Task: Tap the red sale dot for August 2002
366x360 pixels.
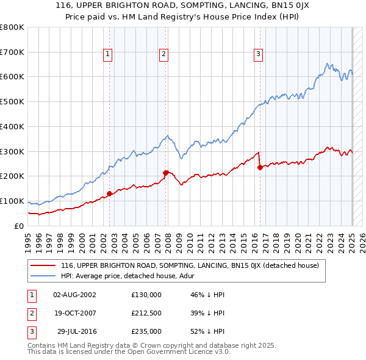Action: pyautogui.click(x=109, y=193)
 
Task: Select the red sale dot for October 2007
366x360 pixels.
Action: pyautogui.click(x=166, y=173)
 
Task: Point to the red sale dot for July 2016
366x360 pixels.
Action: pyautogui.click(x=260, y=167)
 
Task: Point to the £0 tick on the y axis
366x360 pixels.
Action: pyautogui.click(x=20, y=226)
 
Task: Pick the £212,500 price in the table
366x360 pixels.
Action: pyautogui.click(x=146, y=313)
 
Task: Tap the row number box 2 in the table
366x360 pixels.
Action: pyautogui.click(x=31, y=313)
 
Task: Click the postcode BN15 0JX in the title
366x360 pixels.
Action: pyautogui.click(x=285, y=7)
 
